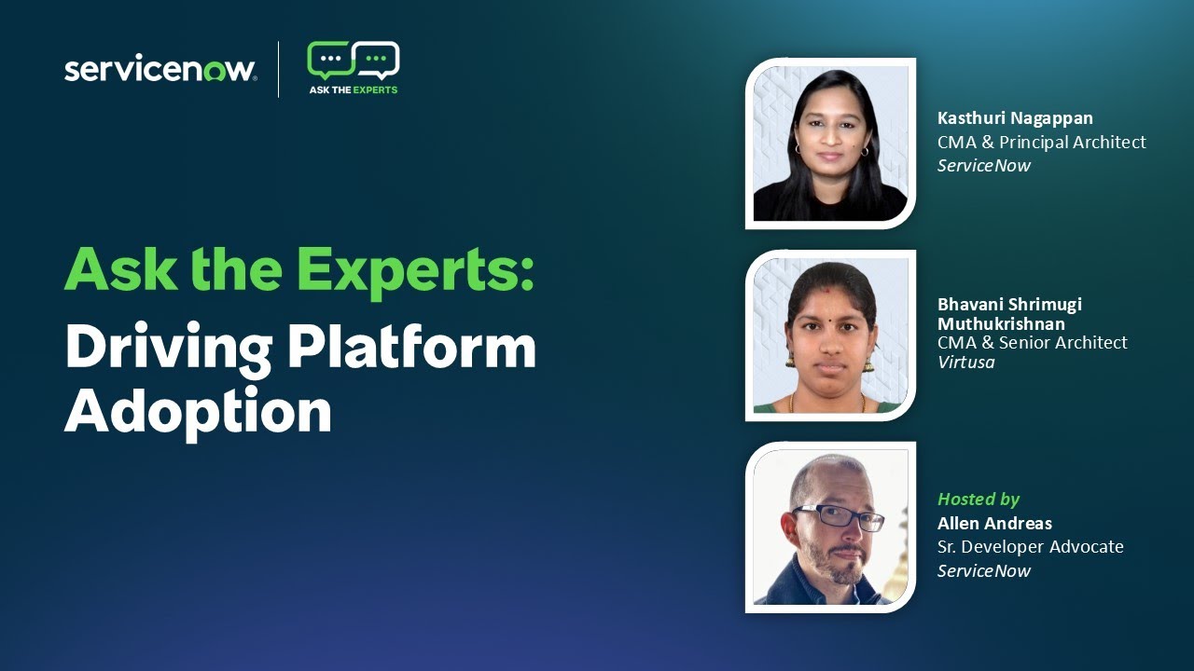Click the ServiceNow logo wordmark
coord(160,70)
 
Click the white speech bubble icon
coord(378,61)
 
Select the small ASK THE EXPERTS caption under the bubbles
coord(354,90)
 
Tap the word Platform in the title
coord(411,349)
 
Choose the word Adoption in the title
coord(198,410)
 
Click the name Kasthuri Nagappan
coord(1015,118)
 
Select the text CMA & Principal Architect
coord(1041,142)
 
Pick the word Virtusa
coord(965,363)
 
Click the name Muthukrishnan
coord(1001,323)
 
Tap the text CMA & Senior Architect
coord(1032,343)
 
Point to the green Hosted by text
coord(978,500)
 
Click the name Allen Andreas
coord(994,523)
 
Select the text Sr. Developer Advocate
coord(1030,547)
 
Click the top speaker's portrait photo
coord(830,144)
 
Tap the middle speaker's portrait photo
coord(830,335)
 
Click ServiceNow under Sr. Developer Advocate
coord(983,571)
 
